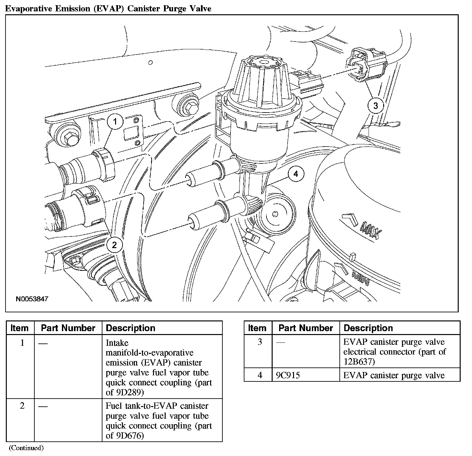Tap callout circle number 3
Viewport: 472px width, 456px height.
click(375, 106)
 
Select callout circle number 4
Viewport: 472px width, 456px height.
click(295, 174)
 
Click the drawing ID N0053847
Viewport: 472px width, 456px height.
click(32, 299)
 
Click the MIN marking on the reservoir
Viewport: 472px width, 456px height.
click(361, 278)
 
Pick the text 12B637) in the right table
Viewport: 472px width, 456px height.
click(359, 361)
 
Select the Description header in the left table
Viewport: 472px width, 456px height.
click(131, 328)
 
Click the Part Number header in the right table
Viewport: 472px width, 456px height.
click(306, 328)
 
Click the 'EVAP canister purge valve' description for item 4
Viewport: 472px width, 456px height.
click(394, 375)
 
